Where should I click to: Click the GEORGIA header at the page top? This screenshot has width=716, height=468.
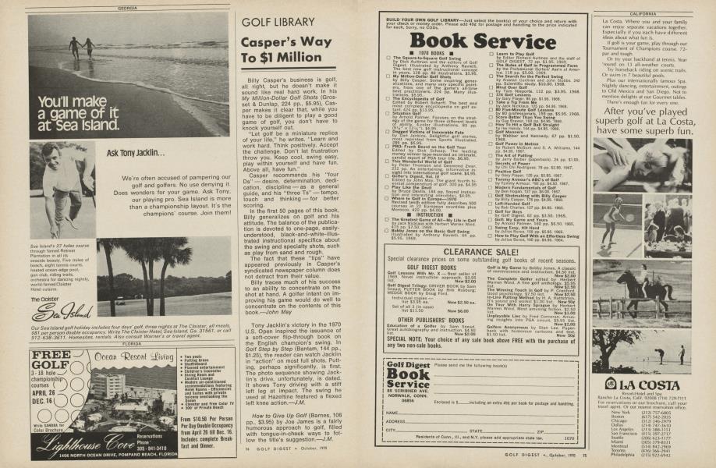128,8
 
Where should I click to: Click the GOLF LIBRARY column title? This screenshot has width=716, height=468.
278,22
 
